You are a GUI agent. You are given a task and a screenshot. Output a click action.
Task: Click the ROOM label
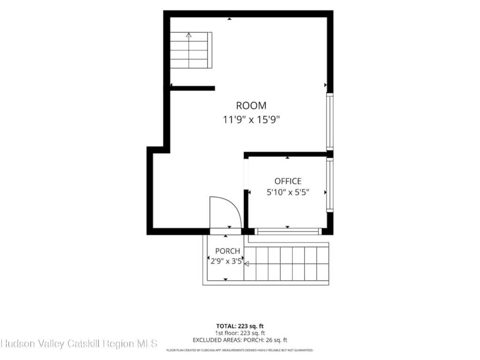pos(251,105)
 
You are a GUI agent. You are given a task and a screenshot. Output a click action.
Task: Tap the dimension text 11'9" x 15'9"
pos(251,120)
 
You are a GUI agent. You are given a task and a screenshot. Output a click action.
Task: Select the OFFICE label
pos(288,181)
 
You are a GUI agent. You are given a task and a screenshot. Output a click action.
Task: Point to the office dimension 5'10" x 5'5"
pos(288,192)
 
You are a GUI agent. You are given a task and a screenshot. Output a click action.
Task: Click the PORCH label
pos(227,251)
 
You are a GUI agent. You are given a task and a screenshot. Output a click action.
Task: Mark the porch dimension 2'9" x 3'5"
pos(226,262)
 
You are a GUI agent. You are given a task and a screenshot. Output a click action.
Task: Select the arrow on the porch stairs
pos(247,264)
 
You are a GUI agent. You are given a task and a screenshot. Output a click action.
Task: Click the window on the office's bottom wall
pos(288,232)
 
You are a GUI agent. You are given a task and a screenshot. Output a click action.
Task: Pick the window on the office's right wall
pos(330,185)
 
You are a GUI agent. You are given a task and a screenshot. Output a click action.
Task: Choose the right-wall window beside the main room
pos(330,121)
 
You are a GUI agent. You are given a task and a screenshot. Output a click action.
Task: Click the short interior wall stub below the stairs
pos(192,89)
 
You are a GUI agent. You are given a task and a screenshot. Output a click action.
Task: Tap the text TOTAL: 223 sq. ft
pos(240,326)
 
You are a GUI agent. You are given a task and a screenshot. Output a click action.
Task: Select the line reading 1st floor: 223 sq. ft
pos(240,333)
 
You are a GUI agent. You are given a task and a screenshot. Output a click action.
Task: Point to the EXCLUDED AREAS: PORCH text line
pos(240,340)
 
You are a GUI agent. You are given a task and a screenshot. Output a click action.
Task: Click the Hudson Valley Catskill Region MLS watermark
pos(79,344)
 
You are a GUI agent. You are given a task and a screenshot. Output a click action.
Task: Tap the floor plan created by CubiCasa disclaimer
pos(240,350)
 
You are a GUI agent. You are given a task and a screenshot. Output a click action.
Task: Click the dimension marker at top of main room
pos(229,19)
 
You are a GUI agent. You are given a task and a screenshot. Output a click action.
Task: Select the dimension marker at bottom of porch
pos(225,279)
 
